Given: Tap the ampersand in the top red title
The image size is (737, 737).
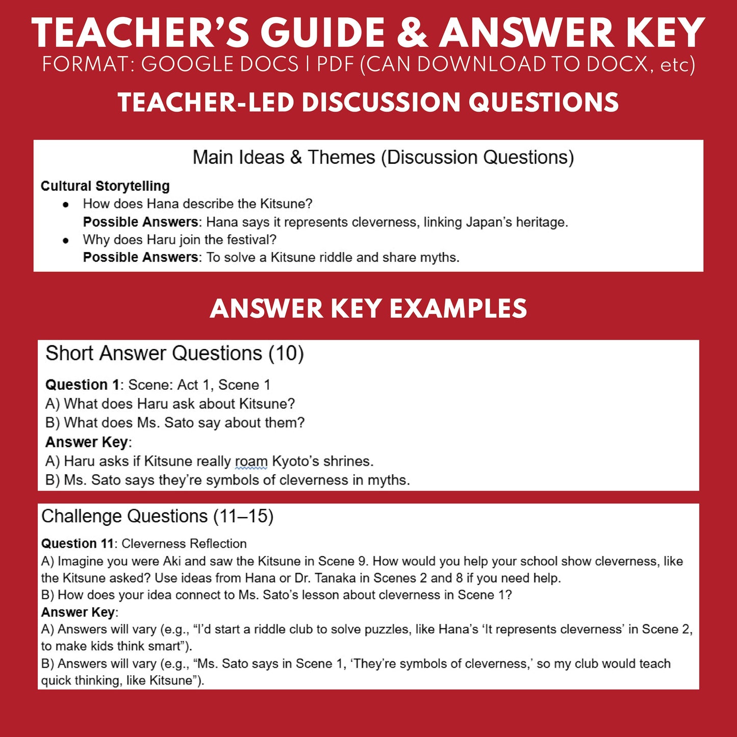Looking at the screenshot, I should point(412,34).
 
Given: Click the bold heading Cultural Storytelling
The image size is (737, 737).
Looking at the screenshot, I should point(105,186).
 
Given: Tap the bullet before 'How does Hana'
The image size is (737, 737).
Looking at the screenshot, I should point(65,205).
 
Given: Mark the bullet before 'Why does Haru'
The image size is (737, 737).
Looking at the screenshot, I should point(65,240).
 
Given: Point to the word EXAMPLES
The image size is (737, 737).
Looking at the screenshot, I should point(458,309).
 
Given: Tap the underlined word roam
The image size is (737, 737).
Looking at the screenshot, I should point(251,462).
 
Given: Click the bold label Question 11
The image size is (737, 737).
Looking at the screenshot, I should point(77,544).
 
